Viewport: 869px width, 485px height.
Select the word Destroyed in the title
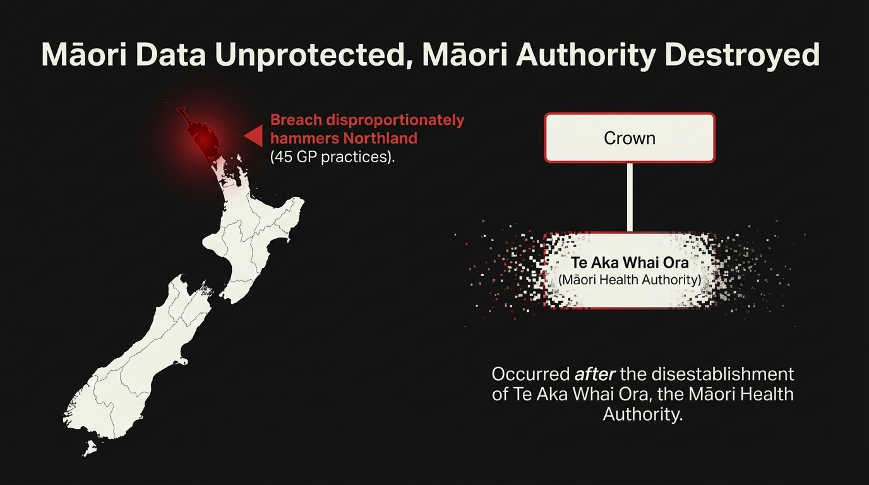(742, 56)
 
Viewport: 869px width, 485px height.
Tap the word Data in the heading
(171, 55)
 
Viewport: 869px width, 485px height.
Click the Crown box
(630, 138)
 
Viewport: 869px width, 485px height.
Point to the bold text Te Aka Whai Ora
(630, 263)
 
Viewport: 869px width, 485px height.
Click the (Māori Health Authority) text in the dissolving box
(630, 280)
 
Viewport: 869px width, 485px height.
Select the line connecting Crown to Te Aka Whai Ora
(630, 197)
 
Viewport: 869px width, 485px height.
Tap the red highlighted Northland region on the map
(201, 136)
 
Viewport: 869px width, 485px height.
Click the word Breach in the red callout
(296, 120)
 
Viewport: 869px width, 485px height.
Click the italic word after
(595, 374)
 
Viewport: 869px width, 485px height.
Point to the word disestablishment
(722, 374)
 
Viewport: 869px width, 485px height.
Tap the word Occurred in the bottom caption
(530, 374)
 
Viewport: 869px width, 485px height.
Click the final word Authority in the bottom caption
(642, 414)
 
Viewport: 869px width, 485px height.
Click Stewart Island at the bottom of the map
(90, 448)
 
